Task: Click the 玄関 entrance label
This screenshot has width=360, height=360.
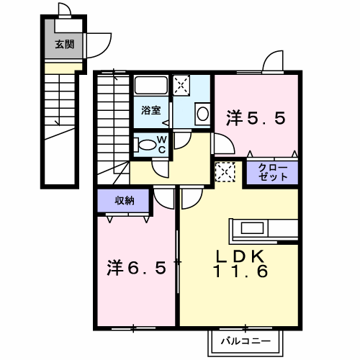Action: (65, 45)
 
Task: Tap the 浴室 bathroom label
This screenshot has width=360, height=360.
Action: (151, 110)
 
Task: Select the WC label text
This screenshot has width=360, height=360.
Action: (162, 145)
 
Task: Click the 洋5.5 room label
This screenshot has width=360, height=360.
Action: (256, 118)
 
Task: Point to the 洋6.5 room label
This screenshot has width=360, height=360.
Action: (137, 268)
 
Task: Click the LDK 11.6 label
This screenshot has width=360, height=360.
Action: (240, 264)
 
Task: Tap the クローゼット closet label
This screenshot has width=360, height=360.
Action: (273, 173)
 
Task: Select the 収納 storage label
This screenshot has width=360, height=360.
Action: (125, 201)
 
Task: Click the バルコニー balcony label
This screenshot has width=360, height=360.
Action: (246, 341)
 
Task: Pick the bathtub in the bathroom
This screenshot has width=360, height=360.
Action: (150, 86)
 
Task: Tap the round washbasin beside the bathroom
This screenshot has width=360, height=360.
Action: (203, 114)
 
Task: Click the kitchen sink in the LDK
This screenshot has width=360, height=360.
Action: (252, 228)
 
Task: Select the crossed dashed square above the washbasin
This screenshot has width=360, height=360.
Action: (181, 85)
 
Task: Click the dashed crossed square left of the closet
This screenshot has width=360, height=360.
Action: (225, 172)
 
